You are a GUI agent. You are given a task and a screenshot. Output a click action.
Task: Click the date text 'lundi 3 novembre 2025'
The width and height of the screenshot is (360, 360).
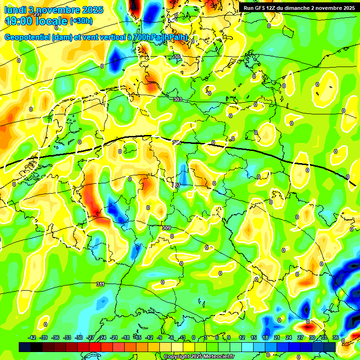[x=46, y=9]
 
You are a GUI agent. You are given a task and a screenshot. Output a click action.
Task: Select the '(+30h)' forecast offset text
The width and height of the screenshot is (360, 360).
[x=81, y=21]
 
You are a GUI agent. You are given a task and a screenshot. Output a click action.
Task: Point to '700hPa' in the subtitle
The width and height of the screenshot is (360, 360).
[x=145, y=37]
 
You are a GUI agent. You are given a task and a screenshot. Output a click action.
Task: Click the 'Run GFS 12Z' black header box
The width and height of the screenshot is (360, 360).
[x=299, y=7]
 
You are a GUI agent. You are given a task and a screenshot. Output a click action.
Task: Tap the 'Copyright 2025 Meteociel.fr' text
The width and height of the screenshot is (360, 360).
[x=199, y=357]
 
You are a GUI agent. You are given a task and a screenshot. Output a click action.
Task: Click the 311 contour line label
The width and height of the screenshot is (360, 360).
[x=100, y=284]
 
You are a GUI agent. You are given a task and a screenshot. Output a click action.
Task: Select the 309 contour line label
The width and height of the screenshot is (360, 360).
[x=166, y=228]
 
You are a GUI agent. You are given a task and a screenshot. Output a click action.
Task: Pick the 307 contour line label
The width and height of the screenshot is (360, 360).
[x=176, y=185]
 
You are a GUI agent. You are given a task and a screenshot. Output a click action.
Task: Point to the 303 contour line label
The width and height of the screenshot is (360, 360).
[x=177, y=100]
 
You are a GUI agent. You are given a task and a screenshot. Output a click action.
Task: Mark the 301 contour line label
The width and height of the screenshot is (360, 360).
[x=177, y=57]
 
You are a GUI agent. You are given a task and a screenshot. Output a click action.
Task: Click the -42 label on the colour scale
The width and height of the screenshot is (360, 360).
[x=32, y=337]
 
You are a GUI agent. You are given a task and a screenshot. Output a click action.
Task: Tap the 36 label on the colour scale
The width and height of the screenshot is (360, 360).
[x=335, y=337]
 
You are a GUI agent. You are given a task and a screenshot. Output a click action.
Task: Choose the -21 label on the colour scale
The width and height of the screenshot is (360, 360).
[x=114, y=337]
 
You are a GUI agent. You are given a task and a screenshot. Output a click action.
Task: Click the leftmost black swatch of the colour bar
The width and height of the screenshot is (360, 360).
[x=25, y=347]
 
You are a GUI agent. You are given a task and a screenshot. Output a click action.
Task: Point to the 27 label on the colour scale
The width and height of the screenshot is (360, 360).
[x=300, y=337]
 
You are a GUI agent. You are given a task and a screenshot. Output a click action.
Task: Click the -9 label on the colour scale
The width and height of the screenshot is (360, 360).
[x=160, y=337]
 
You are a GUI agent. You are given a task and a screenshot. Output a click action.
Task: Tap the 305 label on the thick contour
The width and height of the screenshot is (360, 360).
[x=176, y=142]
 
